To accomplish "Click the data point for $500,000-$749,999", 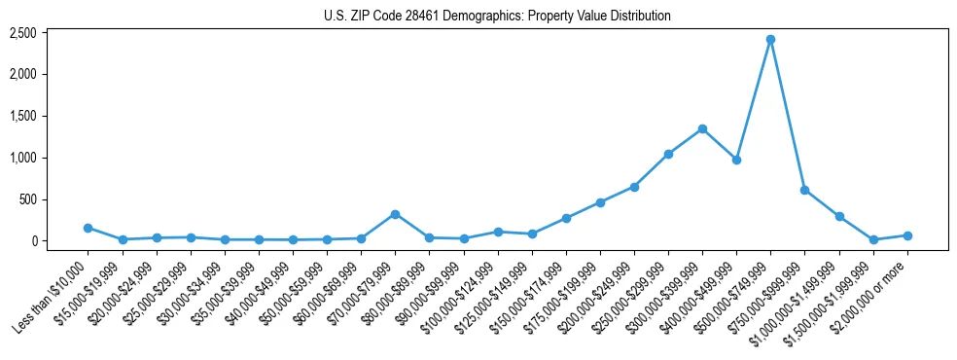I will (770, 40).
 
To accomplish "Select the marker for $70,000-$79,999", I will (395, 214).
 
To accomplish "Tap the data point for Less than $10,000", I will (89, 228).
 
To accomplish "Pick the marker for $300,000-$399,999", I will (702, 128).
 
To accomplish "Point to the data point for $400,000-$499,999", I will (736, 160).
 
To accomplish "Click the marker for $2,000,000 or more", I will (907, 235).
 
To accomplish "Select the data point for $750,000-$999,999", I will (804, 190).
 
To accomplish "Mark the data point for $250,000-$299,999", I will (668, 154).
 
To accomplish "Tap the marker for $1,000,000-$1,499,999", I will (839, 216).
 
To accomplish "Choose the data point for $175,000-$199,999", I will (600, 202).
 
